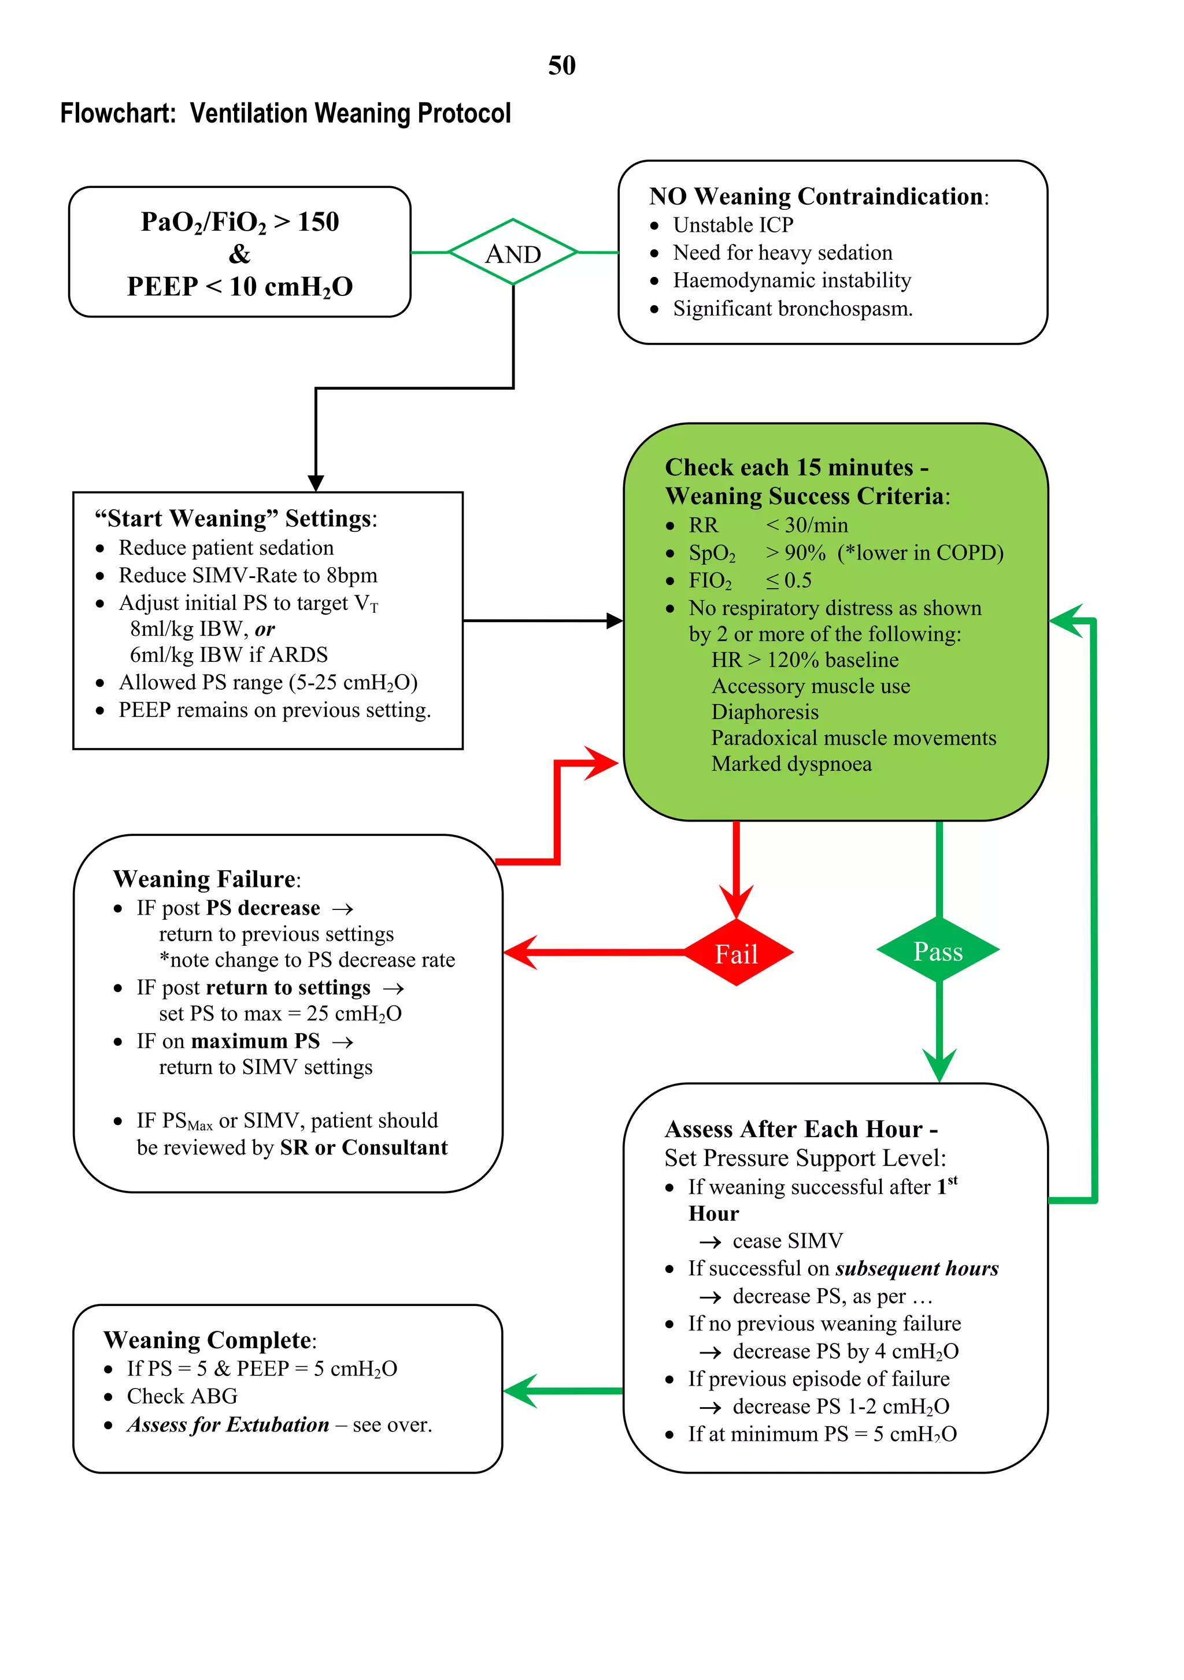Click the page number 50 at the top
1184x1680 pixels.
(x=561, y=66)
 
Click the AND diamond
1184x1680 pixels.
(x=513, y=253)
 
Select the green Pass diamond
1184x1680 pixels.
(x=938, y=950)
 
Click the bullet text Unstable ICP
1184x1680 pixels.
(x=732, y=225)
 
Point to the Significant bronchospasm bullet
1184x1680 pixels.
(x=792, y=309)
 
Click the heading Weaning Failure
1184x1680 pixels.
(x=205, y=878)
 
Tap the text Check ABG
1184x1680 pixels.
(x=182, y=1396)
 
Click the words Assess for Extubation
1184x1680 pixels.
(x=228, y=1424)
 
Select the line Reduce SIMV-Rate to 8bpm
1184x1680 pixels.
(x=247, y=575)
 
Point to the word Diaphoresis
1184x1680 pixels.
(x=765, y=712)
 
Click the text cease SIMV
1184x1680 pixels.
(x=787, y=1241)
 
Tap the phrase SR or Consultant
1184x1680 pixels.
(x=364, y=1148)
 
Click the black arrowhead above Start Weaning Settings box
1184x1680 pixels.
(x=316, y=483)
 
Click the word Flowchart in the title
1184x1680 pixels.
(x=117, y=113)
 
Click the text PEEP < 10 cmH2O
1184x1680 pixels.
(x=239, y=286)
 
